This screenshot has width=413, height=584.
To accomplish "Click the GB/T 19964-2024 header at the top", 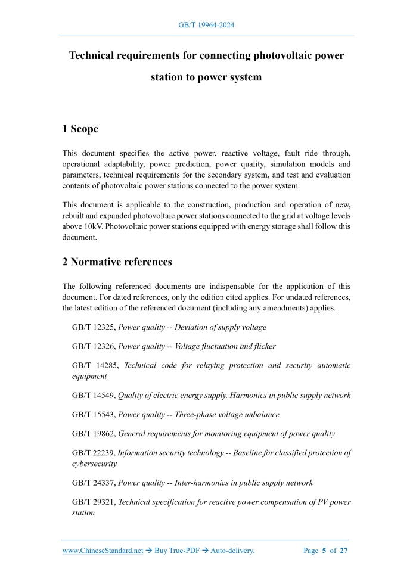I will [x=206, y=25].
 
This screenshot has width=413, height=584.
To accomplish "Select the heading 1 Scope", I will [x=80, y=129].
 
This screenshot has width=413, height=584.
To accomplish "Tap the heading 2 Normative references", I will [x=117, y=262].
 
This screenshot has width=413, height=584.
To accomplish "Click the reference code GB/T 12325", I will [x=93, y=328].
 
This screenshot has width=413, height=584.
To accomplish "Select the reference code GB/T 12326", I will [x=93, y=346].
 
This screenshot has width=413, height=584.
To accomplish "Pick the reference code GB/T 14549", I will [x=93, y=396].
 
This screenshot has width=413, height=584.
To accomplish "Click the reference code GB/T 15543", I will [x=93, y=415].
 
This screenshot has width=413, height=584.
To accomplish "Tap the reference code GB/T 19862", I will [x=93, y=434].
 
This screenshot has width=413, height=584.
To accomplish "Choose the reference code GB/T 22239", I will [x=93, y=453].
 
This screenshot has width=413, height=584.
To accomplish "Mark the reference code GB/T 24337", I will [x=93, y=483].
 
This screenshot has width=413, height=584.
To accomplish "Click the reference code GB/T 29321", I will [x=93, y=502].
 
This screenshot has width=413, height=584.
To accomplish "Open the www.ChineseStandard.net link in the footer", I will [x=103, y=551].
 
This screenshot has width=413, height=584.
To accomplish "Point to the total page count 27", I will [x=344, y=551].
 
